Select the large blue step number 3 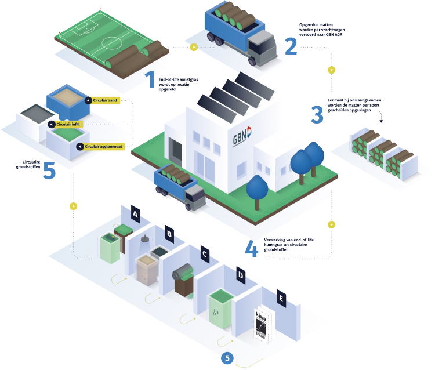pos(316,114)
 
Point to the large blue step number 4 pos(251,248)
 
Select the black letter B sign pos(169,233)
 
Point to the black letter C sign pos(204,253)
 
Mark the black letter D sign pos(240,273)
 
